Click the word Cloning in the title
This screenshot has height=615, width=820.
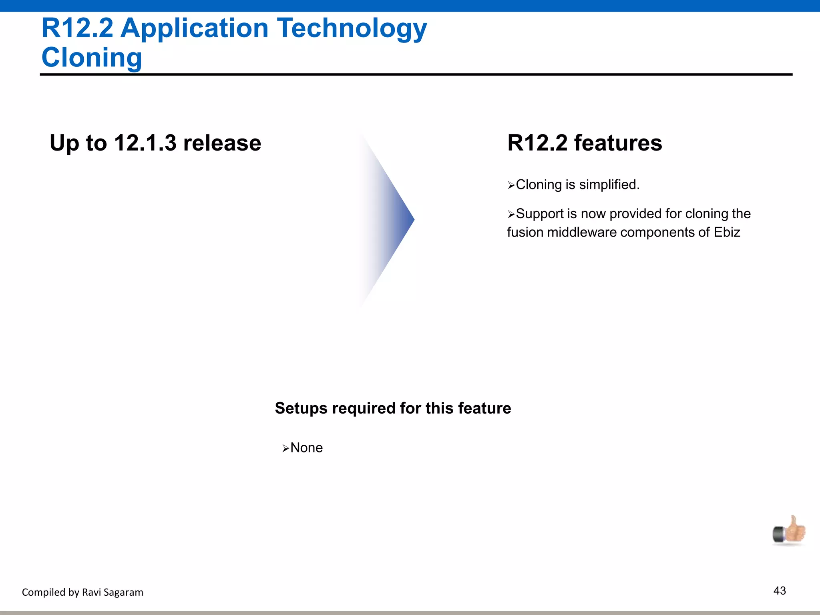pos(92,57)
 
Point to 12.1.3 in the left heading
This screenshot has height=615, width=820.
pos(145,143)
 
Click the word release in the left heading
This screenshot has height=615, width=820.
pos(222,143)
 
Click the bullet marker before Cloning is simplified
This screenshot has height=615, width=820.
pos(511,185)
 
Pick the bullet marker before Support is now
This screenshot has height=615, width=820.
pos(511,215)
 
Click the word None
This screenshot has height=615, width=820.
pos(306,448)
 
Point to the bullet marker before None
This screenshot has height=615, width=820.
pos(285,448)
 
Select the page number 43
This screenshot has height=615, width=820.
pos(780,591)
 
